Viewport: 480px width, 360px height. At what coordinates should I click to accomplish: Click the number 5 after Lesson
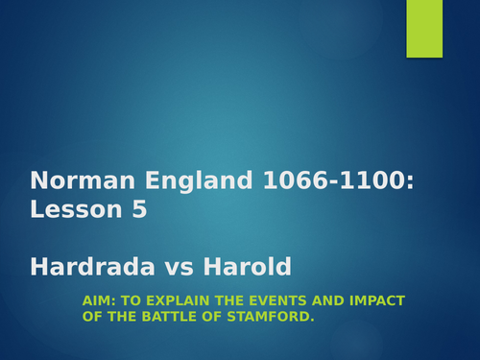tap(139, 209)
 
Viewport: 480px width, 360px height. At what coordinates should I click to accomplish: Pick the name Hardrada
tap(84, 266)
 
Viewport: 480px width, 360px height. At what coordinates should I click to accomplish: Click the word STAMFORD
tap(270, 316)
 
